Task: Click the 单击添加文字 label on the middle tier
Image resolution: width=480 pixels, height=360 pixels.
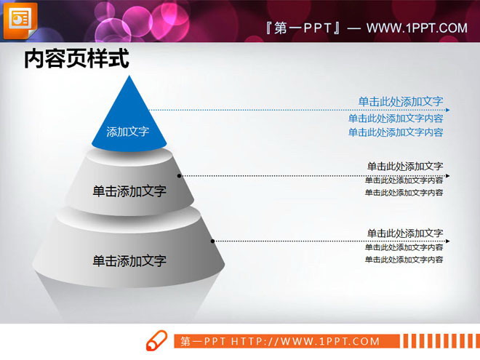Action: [x=129, y=191]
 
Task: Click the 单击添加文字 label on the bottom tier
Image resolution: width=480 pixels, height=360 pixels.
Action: [x=129, y=260]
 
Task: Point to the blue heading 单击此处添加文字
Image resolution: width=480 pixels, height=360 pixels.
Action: [x=401, y=102]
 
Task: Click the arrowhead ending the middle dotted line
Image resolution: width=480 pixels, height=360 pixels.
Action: [x=447, y=176]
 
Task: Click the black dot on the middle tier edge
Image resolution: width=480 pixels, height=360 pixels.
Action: [x=180, y=176]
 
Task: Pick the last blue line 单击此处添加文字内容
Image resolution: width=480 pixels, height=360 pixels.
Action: [x=396, y=132]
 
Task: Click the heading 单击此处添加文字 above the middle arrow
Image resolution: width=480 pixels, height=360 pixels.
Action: [x=405, y=166]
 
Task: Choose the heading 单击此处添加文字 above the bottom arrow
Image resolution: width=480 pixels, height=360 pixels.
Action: [x=405, y=233]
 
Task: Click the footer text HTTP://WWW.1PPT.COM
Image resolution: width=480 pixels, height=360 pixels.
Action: [x=305, y=341]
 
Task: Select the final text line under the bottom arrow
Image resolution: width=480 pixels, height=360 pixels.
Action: [x=404, y=260]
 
